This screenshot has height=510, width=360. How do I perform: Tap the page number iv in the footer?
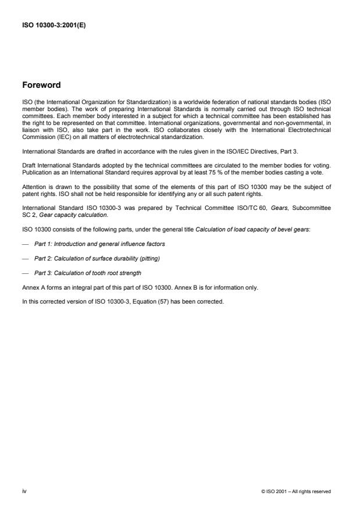click(x=24, y=491)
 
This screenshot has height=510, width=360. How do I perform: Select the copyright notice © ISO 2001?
click(x=296, y=492)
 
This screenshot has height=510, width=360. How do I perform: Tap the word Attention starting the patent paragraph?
click(x=33, y=187)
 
